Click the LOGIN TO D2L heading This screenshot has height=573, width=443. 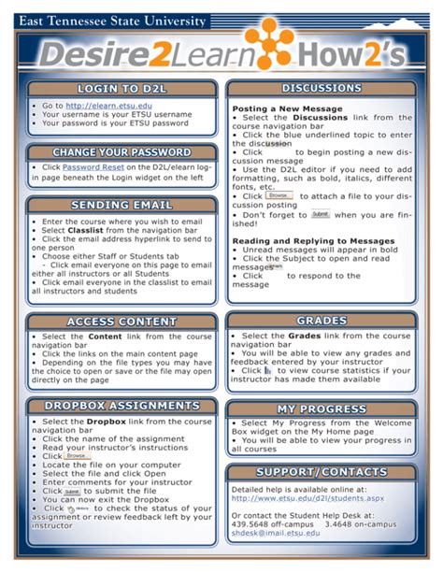click(x=122, y=89)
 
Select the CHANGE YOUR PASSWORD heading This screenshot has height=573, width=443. click(x=122, y=152)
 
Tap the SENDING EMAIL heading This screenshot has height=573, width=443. click(x=122, y=206)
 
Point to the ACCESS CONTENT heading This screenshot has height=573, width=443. click(x=122, y=322)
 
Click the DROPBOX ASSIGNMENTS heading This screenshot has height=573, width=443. click(x=122, y=406)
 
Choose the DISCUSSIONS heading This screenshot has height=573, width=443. click(x=321, y=89)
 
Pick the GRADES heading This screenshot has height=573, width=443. click(x=321, y=321)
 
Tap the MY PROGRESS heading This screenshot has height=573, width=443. click(x=321, y=409)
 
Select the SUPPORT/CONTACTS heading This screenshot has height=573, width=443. click(x=321, y=471)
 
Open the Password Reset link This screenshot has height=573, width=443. click(x=91, y=167)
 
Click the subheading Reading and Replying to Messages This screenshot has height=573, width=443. click(x=312, y=241)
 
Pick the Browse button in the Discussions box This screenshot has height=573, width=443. click(x=279, y=195)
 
